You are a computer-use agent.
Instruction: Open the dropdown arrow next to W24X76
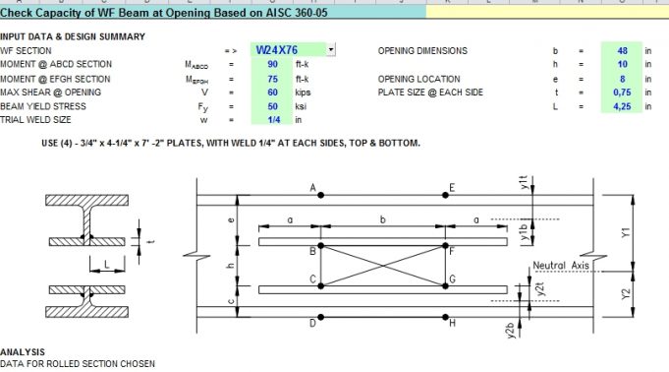tap(331, 49)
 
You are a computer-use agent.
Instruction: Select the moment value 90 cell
tap(271, 64)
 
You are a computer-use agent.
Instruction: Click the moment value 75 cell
tap(271, 79)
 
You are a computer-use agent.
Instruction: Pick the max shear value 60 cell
tap(271, 93)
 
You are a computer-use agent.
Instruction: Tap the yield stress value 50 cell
tap(271, 106)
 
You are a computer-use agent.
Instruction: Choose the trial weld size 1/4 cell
tap(271, 120)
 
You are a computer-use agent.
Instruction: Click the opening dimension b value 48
tap(621, 50)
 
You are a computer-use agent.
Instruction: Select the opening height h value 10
tap(621, 64)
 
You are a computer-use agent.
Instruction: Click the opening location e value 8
tap(622, 79)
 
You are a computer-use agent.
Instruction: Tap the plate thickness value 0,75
tap(621, 93)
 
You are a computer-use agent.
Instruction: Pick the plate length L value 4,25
tap(621, 106)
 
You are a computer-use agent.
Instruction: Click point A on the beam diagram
tap(313, 187)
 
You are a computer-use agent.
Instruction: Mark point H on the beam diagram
tap(451, 323)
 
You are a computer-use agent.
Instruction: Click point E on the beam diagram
tap(452, 187)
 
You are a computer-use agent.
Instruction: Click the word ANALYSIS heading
tap(23, 351)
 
